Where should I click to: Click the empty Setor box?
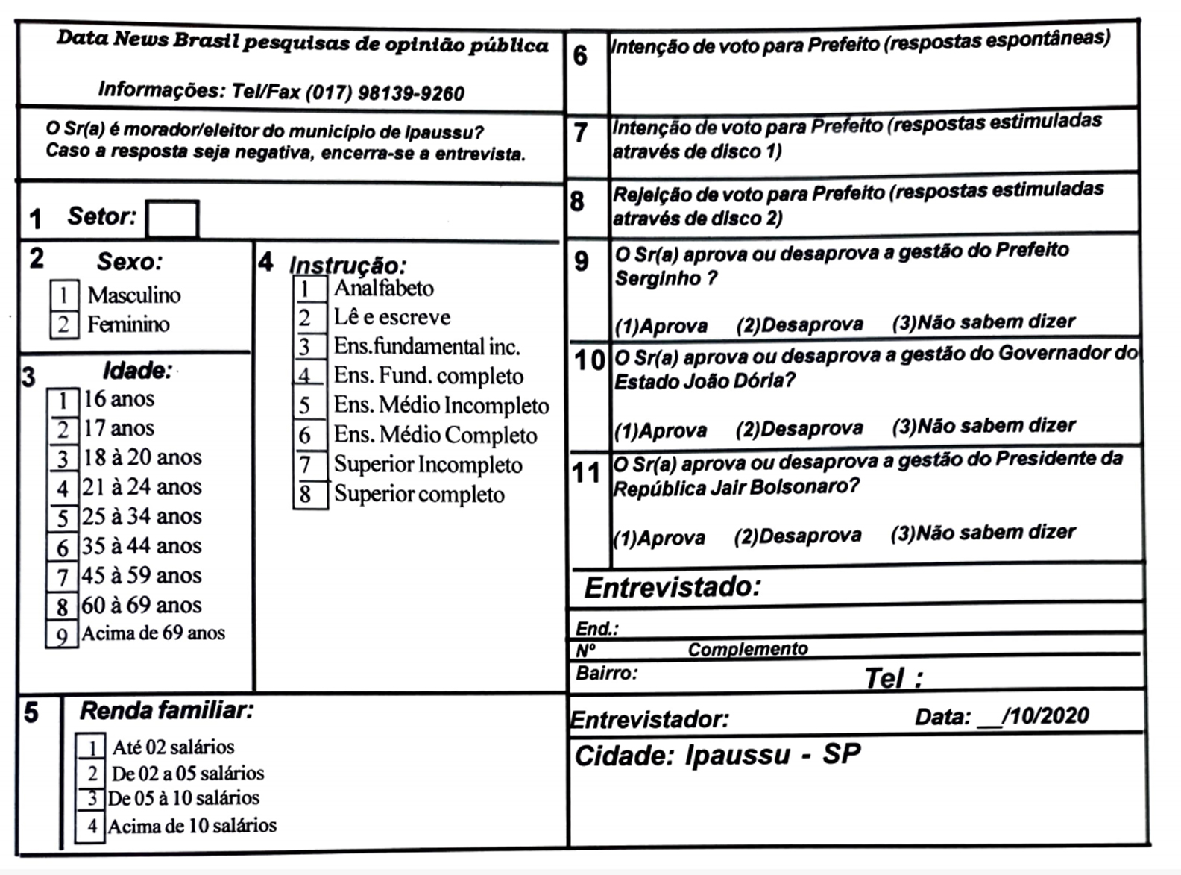point(172,219)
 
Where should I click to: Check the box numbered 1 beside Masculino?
point(64,295)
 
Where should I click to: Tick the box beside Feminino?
point(64,324)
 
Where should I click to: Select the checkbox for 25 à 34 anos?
point(63,518)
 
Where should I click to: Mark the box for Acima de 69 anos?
point(63,635)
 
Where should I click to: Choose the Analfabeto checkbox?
point(309,289)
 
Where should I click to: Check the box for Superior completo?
point(309,495)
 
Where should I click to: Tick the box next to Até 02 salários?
point(91,747)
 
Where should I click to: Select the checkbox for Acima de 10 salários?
point(91,827)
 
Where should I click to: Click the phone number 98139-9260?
point(411,93)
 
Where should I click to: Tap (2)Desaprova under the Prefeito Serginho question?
point(799,325)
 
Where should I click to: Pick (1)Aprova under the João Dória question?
point(661,430)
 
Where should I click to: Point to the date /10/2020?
point(1045,716)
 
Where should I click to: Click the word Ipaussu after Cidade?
point(737,756)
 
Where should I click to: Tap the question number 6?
point(581,56)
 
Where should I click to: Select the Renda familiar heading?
point(166,711)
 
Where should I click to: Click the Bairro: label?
point(606,674)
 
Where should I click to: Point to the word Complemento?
point(748,650)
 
